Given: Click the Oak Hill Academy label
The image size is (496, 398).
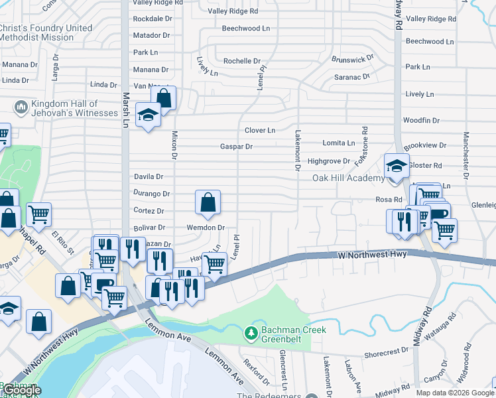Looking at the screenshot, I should (x=349, y=178).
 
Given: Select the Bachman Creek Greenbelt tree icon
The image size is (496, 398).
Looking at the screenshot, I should (x=251, y=332).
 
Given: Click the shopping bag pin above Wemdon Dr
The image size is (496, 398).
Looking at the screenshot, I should (x=208, y=204).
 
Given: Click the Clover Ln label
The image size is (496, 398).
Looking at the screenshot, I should (x=260, y=131).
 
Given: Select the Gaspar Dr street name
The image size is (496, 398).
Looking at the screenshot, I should (x=237, y=147).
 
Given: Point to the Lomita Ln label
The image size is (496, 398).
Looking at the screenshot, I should (x=338, y=143).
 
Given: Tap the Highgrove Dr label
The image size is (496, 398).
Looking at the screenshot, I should (x=328, y=161).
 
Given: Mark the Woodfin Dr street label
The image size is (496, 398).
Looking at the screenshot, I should (x=421, y=120).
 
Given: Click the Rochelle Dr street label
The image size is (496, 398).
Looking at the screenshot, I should (x=242, y=61).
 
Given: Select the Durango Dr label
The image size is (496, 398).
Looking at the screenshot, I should (x=153, y=194).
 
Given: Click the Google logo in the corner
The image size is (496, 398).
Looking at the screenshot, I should (x=21, y=390).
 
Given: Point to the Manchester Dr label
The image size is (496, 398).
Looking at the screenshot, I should (x=466, y=156).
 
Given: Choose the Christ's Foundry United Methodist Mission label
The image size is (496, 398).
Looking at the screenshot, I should (x=46, y=33).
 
